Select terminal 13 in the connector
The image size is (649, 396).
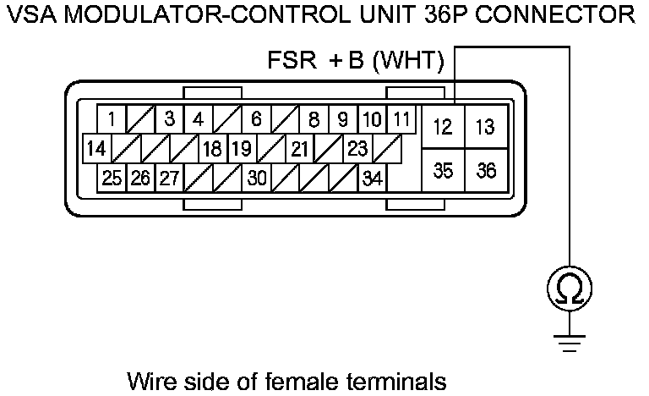(x=486, y=128)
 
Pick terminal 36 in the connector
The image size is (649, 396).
(x=486, y=171)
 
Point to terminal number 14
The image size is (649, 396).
(x=97, y=150)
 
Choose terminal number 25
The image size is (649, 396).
(x=112, y=179)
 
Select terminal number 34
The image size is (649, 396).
(x=371, y=179)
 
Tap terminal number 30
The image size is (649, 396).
(x=257, y=179)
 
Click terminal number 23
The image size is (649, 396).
(x=357, y=150)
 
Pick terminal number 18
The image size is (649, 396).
(x=212, y=150)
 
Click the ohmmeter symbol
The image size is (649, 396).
(x=570, y=291)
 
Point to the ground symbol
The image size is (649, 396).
(x=570, y=342)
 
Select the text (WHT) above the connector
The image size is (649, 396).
(x=408, y=62)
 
